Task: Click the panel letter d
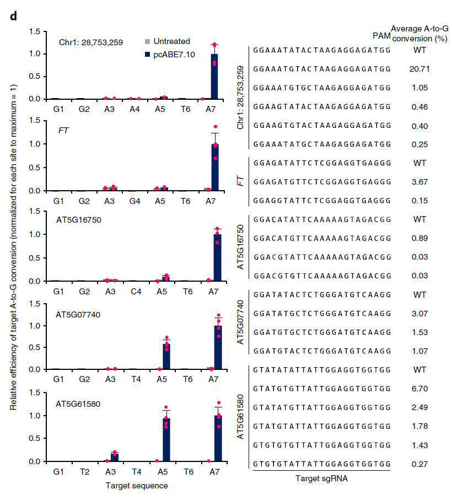[x=13, y=16]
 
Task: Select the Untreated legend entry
[x=168, y=41]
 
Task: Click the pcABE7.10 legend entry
[x=170, y=55]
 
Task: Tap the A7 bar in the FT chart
[x=215, y=168]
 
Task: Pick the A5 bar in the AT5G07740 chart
[x=166, y=357]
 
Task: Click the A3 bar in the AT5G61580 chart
[x=115, y=457]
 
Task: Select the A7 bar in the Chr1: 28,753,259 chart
[x=214, y=77]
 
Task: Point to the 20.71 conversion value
[x=419, y=69]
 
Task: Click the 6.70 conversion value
[x=419, y=389]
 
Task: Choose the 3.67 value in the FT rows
[x=419, y=182]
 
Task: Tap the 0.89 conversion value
[x=419, y=238]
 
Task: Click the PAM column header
[x=381, y=36]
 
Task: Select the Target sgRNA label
[x=321, y=479]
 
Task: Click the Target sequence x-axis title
[x=137, y=486]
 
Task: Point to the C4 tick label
[x=136, y=292]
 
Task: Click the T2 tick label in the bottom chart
[x=84, y=472]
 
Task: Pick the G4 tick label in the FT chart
[x=135, y=201]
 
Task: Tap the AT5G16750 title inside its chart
[x=79, y=220]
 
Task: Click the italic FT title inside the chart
[x=63, y=131]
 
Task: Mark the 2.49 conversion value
[x=419, y=407]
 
